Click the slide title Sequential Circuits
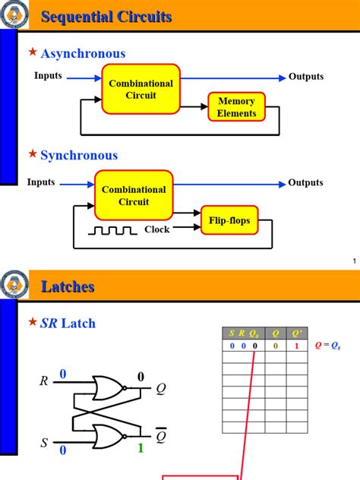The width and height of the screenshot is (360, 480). coord(106,17)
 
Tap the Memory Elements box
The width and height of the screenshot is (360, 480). coord(236,107)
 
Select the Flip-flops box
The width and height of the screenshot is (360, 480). coord(229,221)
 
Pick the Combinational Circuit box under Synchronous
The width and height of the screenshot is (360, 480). coord(133,195)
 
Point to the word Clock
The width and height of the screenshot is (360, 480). coord(157,229)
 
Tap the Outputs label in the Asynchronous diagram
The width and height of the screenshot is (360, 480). coord(305,77)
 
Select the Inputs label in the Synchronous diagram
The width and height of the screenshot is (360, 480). coord(41,182)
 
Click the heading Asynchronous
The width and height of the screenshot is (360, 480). coord(83,53)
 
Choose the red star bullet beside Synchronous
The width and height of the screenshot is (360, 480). coord(32,154)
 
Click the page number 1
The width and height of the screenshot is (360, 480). coord(354,262)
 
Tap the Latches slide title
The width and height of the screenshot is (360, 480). coord(68,286)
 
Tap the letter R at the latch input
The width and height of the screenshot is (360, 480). coord(44,381)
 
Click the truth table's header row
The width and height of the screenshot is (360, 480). coord(265,332)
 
